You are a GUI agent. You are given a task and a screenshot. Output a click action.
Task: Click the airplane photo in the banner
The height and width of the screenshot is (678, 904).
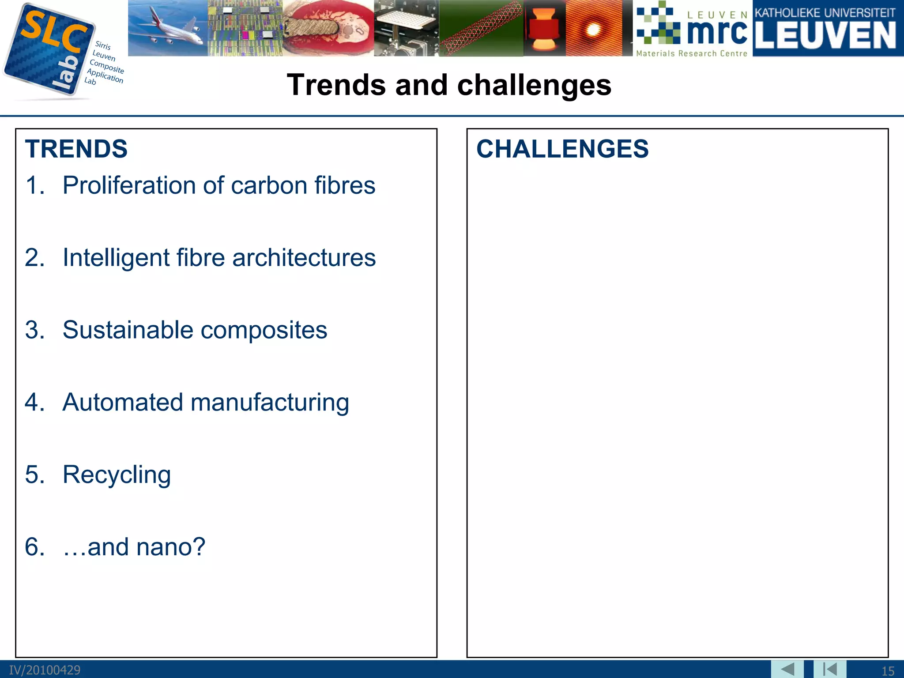168,28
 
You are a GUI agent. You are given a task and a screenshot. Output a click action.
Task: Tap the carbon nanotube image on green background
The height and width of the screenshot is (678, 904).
481,28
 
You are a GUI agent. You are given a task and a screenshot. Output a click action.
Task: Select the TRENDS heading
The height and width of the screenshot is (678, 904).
76,149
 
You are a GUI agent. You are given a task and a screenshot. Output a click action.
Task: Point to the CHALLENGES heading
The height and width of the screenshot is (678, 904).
562,149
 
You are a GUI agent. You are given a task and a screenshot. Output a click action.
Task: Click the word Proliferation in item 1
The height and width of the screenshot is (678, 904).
129,185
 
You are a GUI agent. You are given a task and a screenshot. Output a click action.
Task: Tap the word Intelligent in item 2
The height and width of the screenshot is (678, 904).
116,258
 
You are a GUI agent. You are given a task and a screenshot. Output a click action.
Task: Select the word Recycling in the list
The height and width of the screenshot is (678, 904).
117,475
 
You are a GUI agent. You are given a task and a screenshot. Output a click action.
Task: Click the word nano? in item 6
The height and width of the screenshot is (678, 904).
171,547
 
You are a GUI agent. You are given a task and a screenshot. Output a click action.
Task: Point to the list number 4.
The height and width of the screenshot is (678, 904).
34,403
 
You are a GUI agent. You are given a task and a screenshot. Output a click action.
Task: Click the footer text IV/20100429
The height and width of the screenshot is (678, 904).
45,670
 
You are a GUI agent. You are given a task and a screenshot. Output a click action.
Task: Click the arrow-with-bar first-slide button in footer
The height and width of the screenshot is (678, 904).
830,669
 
